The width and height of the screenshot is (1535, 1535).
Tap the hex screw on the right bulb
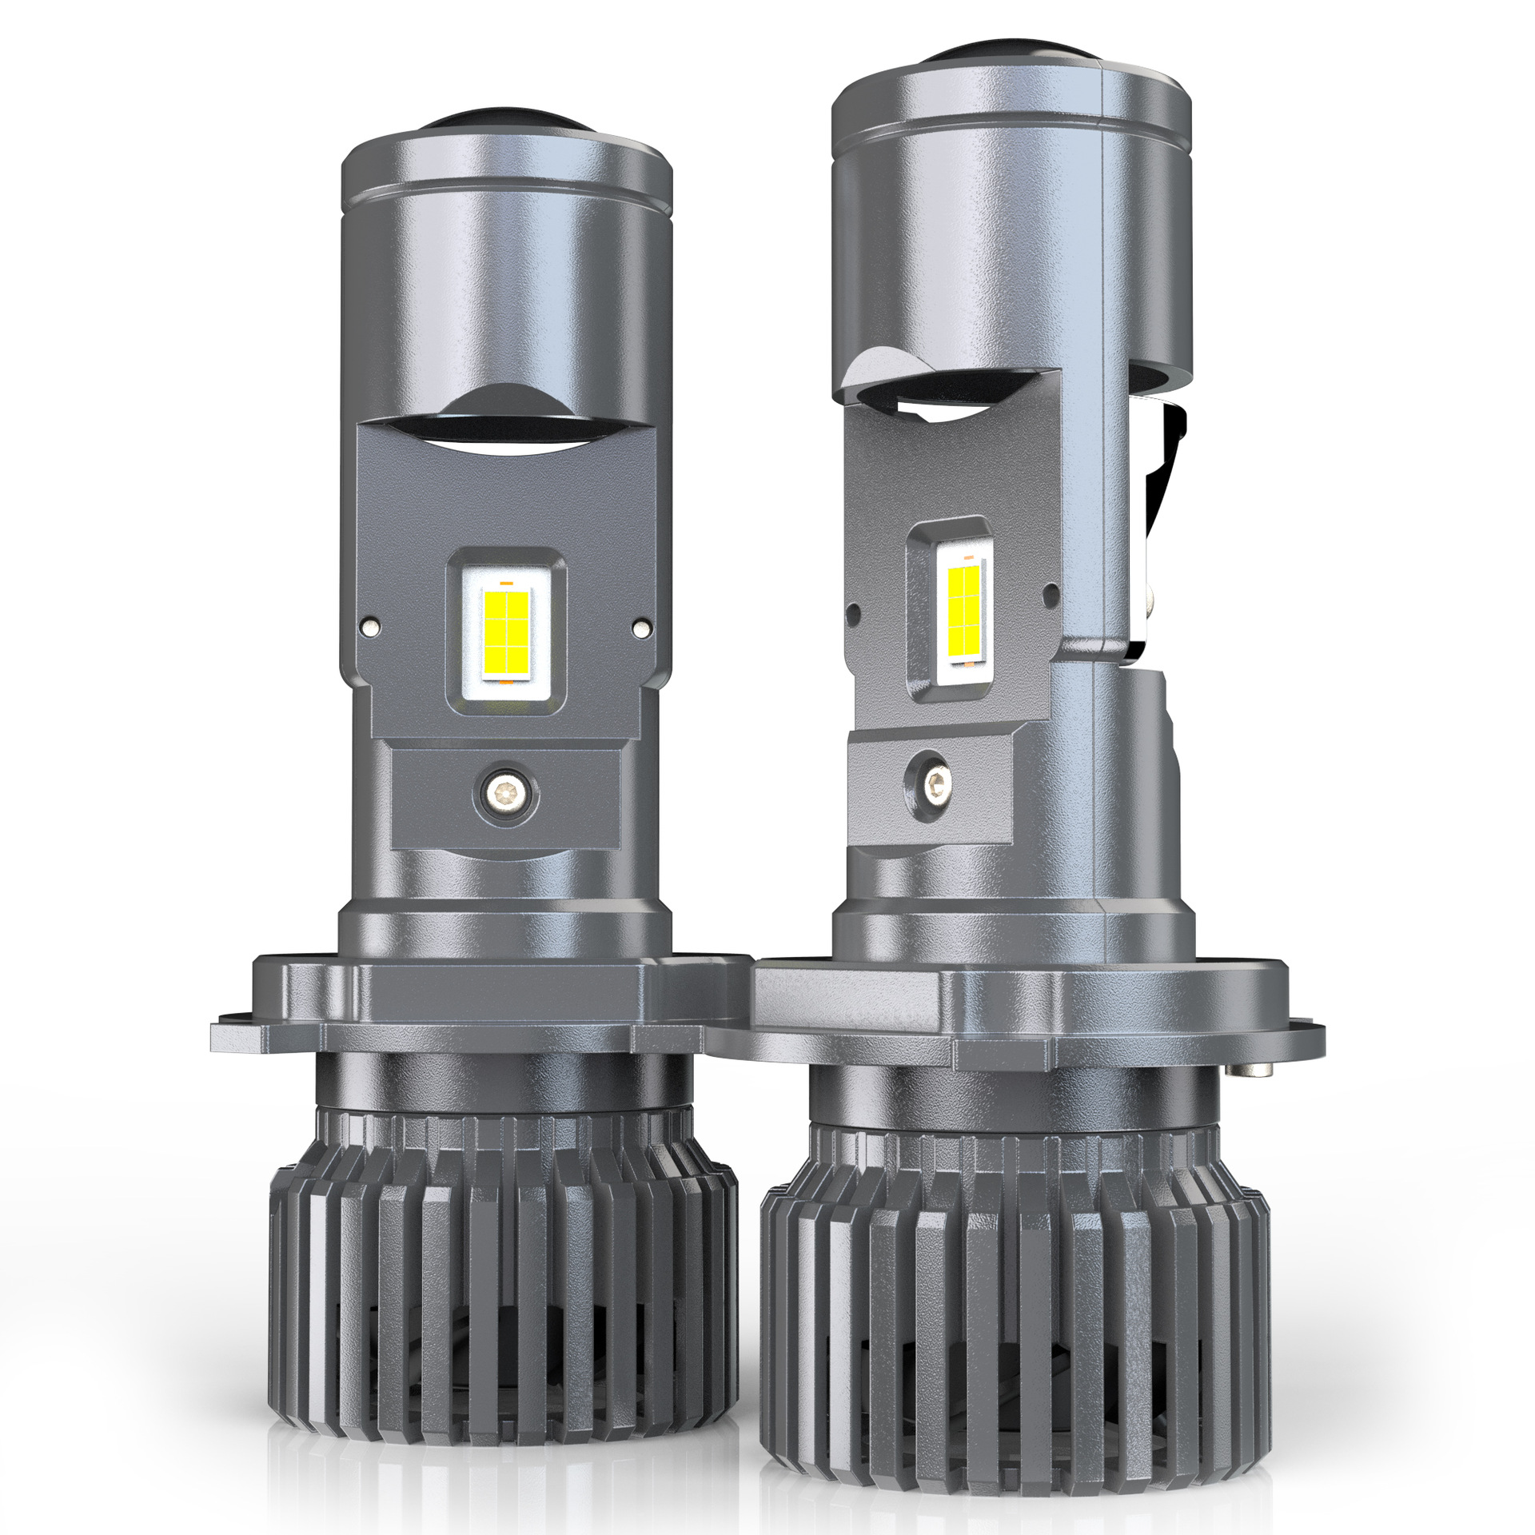click(x=930, y=773)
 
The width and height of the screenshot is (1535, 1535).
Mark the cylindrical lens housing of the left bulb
click(x=505, y=264)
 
